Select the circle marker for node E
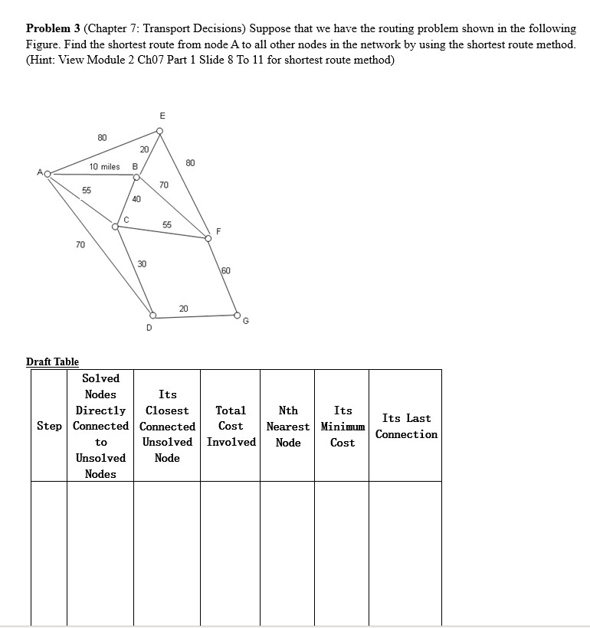159,131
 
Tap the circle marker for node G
237,315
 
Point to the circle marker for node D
152,316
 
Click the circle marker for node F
208,237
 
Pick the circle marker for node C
115,225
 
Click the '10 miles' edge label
104,166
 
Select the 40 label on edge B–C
136,199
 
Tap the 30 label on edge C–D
142,263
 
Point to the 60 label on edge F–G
225,271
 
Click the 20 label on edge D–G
183,308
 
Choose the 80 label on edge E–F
190,162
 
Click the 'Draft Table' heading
52,361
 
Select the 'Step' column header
49,426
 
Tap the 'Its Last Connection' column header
406,426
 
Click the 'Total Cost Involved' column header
231,426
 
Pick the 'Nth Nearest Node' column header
288,426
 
